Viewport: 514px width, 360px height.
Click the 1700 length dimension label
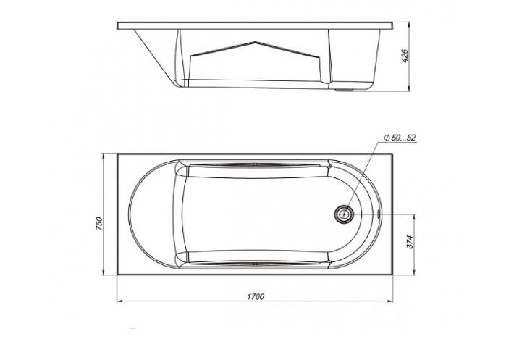point(255,296)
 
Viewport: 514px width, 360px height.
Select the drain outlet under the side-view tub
point(350,91)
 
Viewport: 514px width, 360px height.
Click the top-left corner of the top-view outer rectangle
point(119,154)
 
